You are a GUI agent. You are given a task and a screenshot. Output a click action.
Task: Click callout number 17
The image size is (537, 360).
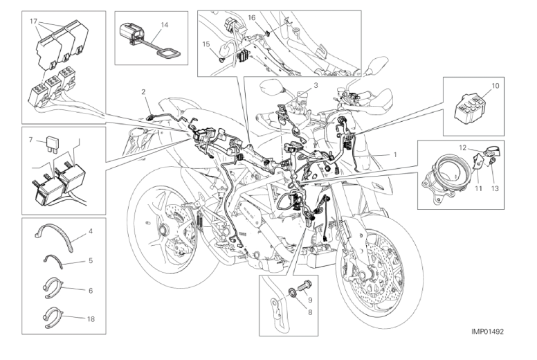pos(33,21)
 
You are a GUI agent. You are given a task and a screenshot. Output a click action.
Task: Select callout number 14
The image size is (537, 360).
pos(165,25)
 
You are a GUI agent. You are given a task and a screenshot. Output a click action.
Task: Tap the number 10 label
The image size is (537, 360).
pos(495,85)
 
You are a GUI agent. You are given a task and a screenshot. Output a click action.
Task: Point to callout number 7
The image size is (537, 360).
pos(30,139)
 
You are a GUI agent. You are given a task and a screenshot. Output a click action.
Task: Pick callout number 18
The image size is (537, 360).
pos(91,319)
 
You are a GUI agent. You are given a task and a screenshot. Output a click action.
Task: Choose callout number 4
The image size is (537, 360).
pos(91,231)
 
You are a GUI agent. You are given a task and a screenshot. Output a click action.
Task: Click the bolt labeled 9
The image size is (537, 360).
pos(304,285)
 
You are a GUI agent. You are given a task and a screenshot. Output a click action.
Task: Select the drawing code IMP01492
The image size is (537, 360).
pos(487,331)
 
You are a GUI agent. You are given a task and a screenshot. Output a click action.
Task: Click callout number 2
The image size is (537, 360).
pos(143,91)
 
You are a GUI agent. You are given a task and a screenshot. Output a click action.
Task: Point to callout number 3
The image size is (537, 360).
pos(316,85)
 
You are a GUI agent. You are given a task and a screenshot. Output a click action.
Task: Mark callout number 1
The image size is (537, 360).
pos(395,154)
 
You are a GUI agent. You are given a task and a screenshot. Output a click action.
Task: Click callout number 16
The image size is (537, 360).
pos(252,17)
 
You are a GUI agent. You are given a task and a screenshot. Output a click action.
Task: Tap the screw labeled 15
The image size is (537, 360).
pos(220,60)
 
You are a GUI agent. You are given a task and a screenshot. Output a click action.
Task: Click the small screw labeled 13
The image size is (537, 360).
pos(491,161)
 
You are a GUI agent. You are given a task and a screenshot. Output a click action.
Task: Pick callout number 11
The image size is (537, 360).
pos(478,188)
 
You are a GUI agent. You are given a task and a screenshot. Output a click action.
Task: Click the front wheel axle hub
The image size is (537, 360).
pos(363,274)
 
